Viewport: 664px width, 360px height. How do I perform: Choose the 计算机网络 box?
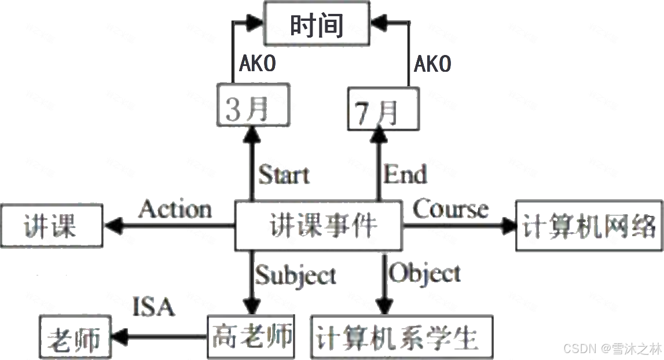[x=588, y=226]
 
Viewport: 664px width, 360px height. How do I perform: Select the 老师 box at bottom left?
[x=73, y=338]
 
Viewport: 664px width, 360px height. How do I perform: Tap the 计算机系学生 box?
[x=401, y=337]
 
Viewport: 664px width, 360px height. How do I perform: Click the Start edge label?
[x=284, y=174]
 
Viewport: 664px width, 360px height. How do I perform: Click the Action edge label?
[x=175, y=209]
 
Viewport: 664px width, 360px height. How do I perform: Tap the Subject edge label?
[x=295, y=275]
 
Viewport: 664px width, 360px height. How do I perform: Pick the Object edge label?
[x=425, y=273]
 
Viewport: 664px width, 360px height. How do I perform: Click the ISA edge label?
[x=153, y=307]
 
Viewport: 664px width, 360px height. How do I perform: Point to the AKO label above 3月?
[x=257, y=64]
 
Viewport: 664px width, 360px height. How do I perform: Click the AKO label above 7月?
[x=432, y=64]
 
